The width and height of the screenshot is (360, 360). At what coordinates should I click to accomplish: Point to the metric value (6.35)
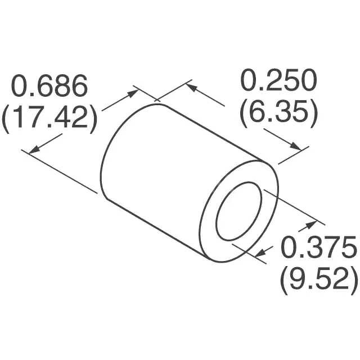point(278,112)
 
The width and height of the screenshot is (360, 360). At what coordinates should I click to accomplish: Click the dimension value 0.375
point(318,247)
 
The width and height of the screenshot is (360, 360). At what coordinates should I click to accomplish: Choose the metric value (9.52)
point(318,278)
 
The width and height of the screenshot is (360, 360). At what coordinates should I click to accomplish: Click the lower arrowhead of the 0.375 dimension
point(260,254)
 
